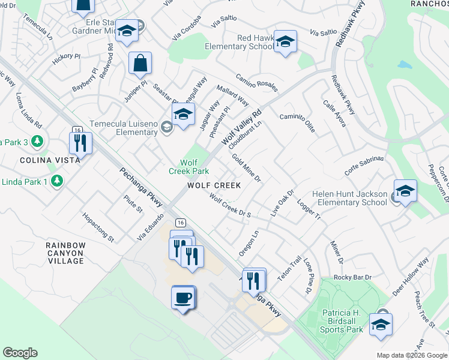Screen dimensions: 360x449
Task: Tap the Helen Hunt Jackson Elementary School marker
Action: pos(405,191)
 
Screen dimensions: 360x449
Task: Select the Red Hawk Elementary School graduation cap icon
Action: pos(286,41)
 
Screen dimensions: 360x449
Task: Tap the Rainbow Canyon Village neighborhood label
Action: pos(66,253)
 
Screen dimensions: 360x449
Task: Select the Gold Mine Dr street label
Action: pos(247,168)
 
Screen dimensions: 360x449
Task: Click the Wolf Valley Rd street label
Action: pos(243,127)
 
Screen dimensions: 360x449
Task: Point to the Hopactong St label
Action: pos(98,227)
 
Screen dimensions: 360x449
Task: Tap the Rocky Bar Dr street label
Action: pos(353,277)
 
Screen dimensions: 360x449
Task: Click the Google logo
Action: pos(20,353)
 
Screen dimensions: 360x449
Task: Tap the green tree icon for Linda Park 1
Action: pos(57,180)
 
